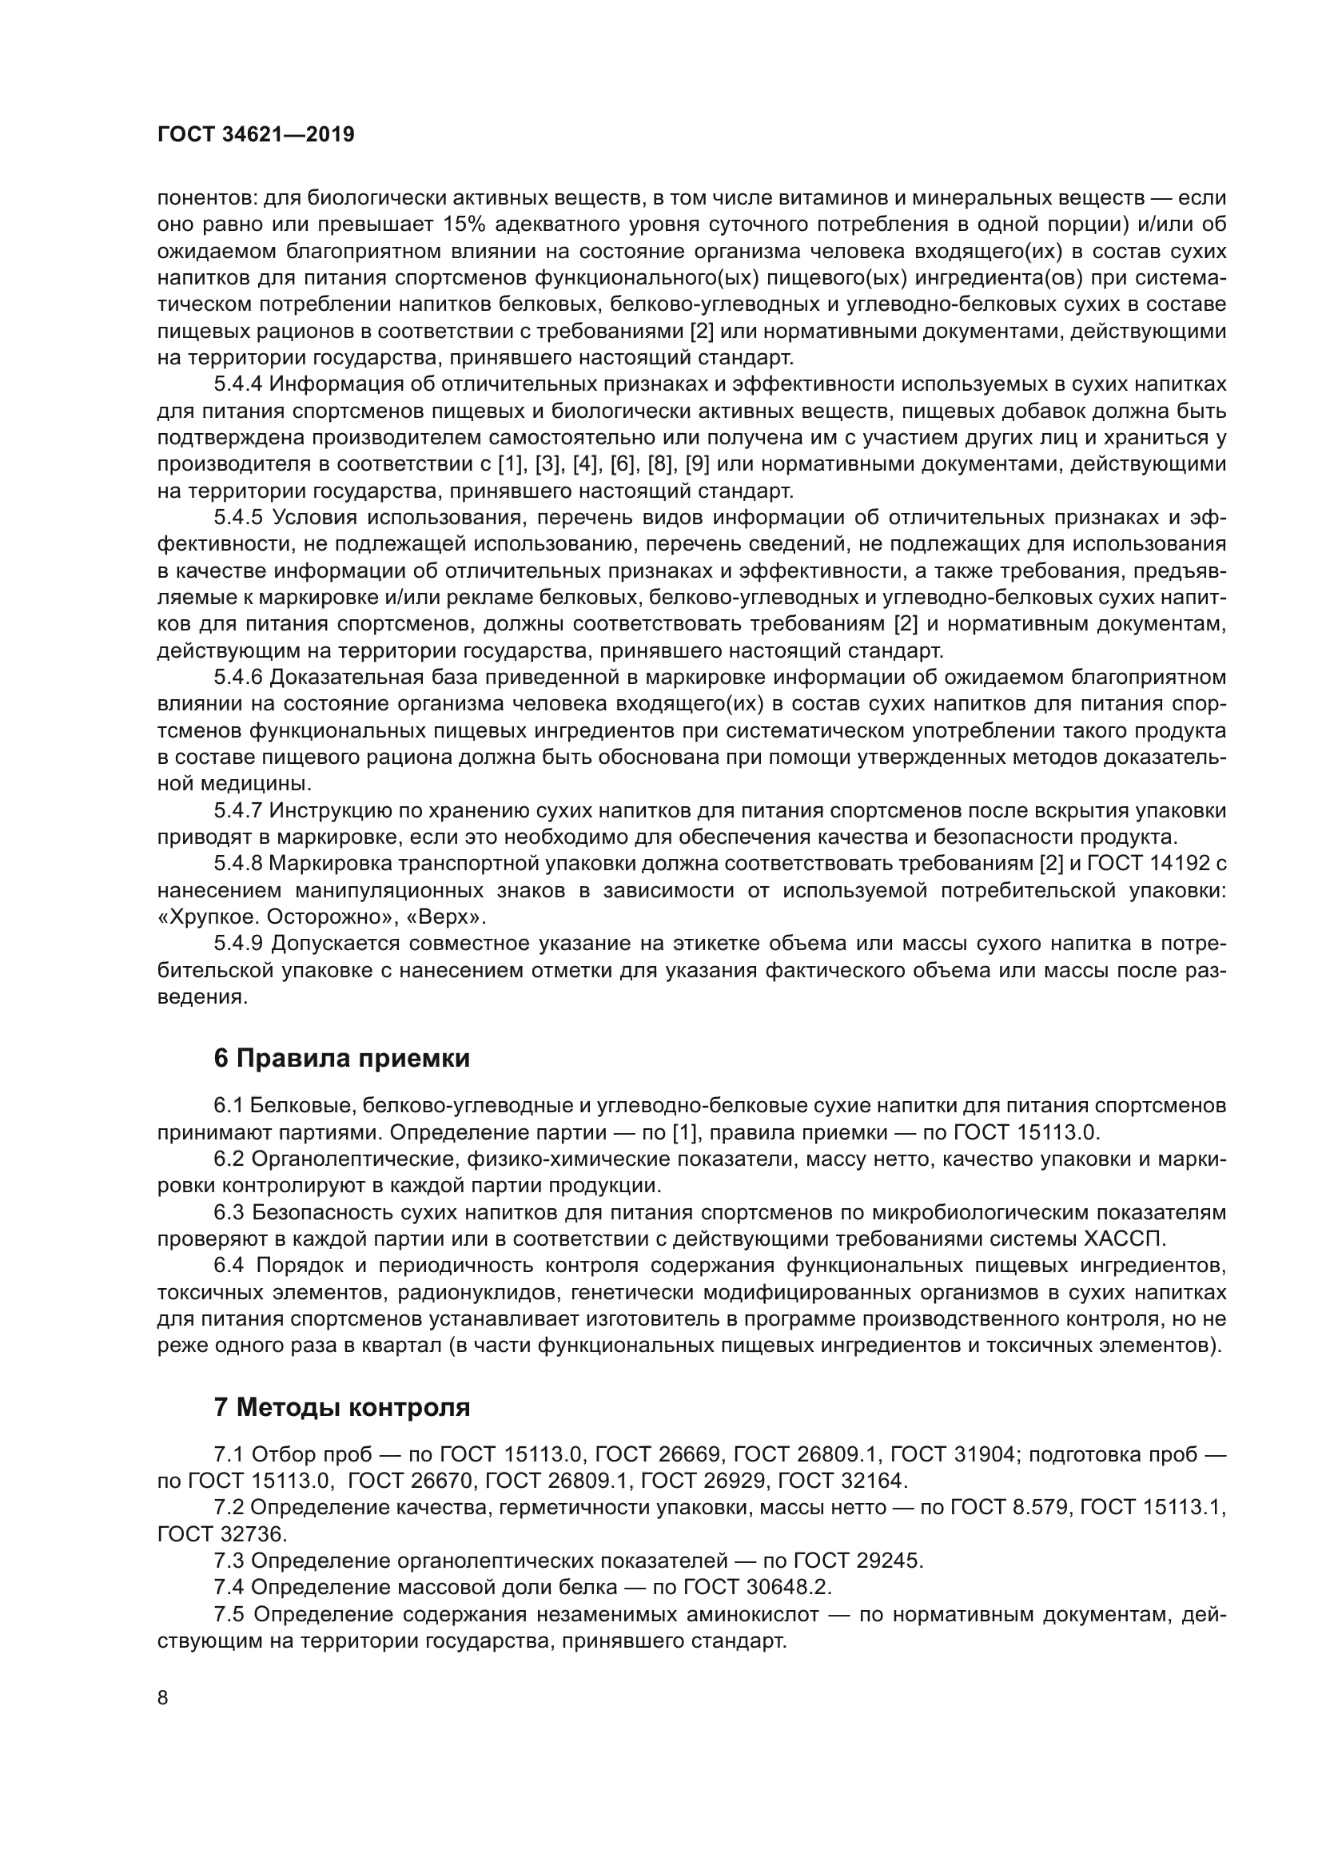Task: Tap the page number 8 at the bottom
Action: [x=163, y=1698]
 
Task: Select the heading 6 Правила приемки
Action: [x=342, y=1058]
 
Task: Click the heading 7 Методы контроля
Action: [x=342, y=1407]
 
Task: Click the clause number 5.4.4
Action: [x=238, y=384]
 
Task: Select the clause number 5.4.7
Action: [x=238, y=811]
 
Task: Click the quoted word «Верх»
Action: [x=446, y=917]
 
